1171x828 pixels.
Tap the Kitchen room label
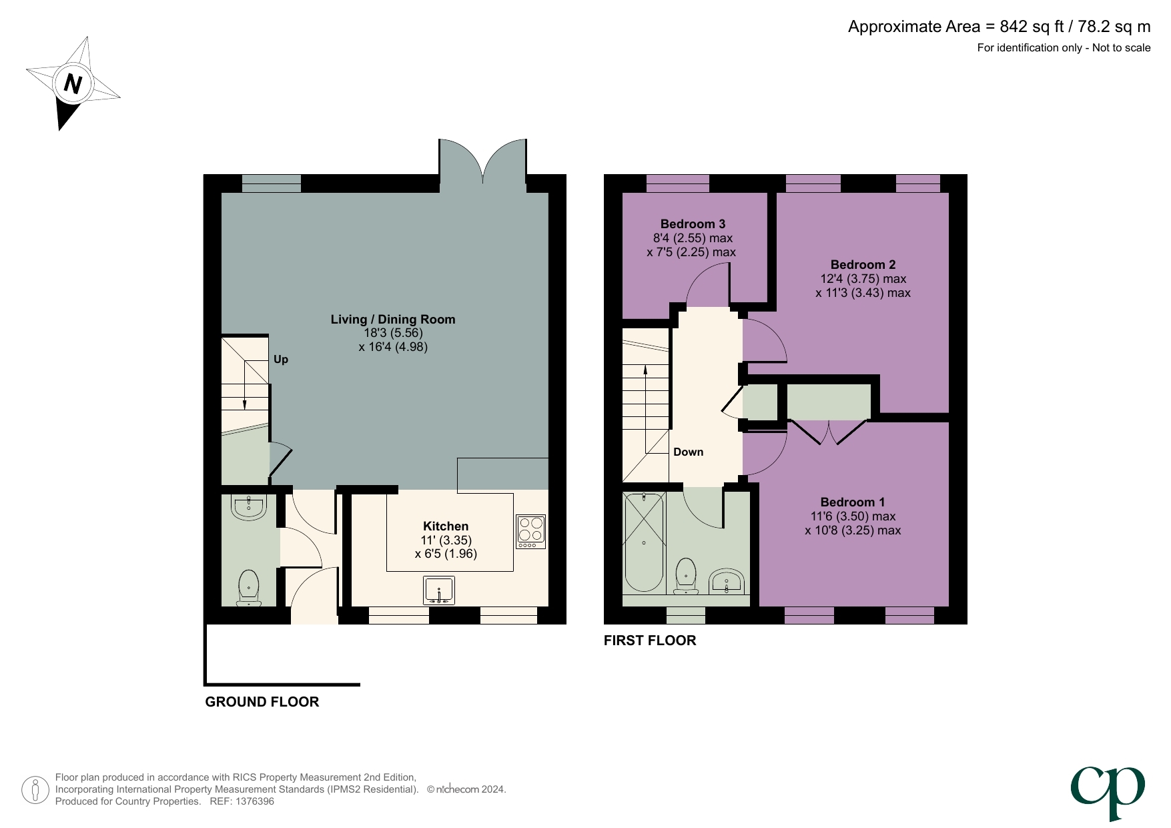[446, 526]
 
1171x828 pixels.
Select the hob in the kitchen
[530, 532]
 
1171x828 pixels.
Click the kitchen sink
[439, 590]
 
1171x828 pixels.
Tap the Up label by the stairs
[281, 360]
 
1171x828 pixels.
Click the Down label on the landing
[688, 452]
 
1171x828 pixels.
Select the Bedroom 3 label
[693, 224]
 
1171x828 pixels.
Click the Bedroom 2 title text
[863, 265]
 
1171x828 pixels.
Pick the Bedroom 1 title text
[852, 502]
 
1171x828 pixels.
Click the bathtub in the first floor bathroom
[644, 542]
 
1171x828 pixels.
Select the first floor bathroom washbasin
[726, 581]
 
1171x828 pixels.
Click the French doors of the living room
[482, 165]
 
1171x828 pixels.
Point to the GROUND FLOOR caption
[262, 702]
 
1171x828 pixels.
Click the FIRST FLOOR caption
[649, 641]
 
